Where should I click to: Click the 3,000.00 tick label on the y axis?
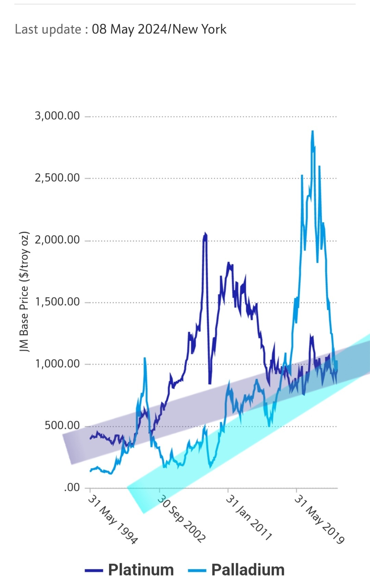click(57, 116)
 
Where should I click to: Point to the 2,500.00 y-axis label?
click(57, 178)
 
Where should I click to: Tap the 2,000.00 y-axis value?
click(57, 240)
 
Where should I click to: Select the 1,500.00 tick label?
click(57, 302)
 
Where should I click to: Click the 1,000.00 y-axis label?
click(57, 363)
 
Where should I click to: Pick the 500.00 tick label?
click(62, 425)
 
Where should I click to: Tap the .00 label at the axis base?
click(72, 487)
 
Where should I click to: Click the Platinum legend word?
click(141, 570)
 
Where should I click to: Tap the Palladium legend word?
click(248, 570)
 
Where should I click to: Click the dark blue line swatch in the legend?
click(94, 570)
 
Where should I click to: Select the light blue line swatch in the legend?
click(197, 570)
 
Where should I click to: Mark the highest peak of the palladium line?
click(312, 131)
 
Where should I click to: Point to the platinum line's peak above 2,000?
click(205, 233)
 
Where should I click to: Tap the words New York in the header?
click(199, 29)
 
